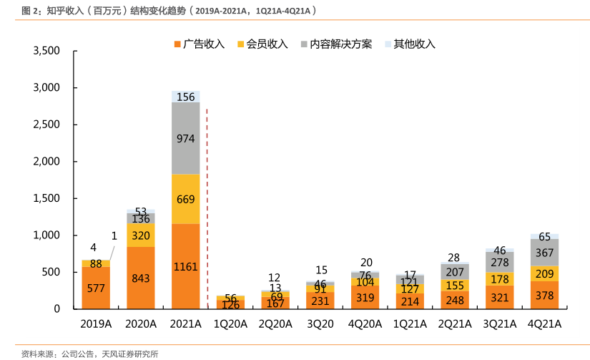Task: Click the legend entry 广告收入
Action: (x=200, y=44)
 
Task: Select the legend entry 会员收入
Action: (x=262, y=44)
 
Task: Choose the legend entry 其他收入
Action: (x=410, y=44)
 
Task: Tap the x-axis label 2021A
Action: (x=185, y=323)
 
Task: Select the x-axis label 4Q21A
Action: (x=544, y=323)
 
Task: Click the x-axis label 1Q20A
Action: (x=230, y=323)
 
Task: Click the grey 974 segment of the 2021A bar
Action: (x=185, y=139)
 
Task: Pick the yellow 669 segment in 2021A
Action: (x=185, y=199)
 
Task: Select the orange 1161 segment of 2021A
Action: (x=185, y=266)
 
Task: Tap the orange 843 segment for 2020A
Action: (x=140, y=278)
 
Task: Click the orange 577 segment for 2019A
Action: (x=96, y=288)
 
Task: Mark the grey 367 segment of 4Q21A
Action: (x=544, y=252)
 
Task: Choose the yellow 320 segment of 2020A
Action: (x=140, y=235)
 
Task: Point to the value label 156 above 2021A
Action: (x=185, y=97)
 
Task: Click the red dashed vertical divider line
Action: (x=207, y=208)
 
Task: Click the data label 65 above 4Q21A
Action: (x=544, y=237)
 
